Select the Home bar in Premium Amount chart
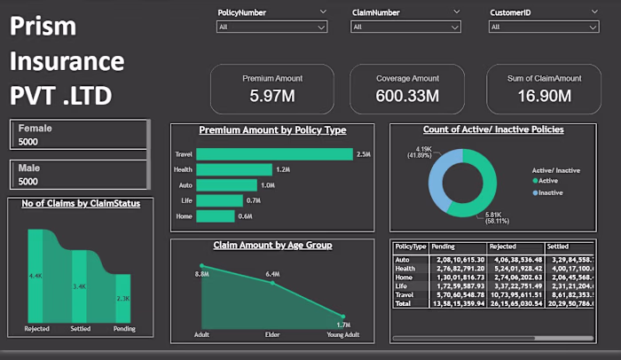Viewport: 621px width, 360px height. (x=216, y=215)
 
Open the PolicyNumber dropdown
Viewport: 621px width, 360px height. (x=272, y=27)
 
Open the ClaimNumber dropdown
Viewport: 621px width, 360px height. (x=407, y=27)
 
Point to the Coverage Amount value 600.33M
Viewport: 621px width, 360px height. (x=407, y=95)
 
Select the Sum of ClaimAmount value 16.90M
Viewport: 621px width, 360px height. (x=545, y=95)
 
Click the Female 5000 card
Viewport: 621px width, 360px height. (x=80, y=135)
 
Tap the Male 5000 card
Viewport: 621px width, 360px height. (x=80, y=175)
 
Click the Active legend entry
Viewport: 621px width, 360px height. (x=550, y=180)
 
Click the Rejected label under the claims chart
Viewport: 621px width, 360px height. (x=36, y=329)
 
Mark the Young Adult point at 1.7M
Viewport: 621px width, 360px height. (x=342, y=316)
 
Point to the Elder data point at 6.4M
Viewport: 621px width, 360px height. (x=272, y=282)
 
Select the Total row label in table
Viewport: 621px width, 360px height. (x=403, y=302)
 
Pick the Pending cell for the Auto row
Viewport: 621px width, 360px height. (x=453, y=258)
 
